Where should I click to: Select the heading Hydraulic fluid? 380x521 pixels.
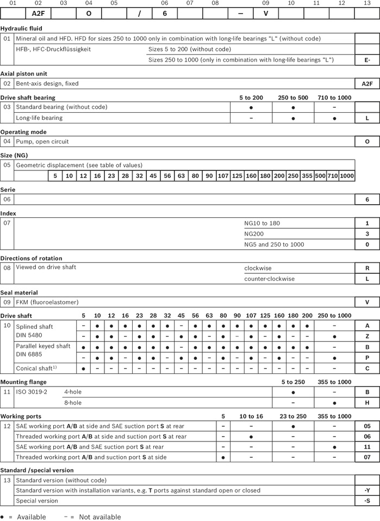coord(21,28)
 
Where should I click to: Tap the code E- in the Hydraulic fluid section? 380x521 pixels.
coord(367,59)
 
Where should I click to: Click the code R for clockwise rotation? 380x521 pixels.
coord(367,268)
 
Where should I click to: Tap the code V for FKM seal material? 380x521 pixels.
coord(367,302)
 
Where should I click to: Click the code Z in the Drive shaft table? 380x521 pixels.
coord(367,336)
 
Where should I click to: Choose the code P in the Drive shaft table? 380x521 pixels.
coord(367,358)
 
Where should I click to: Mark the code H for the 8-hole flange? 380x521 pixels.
coord(367,402)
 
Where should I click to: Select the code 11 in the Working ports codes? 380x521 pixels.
coord(367,446)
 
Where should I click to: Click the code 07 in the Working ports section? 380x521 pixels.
coord(367,457)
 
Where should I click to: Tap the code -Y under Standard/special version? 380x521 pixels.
coord(367,491)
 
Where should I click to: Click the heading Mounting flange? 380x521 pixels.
coord(23,382)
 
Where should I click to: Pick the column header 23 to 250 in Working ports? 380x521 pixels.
coord(294,416)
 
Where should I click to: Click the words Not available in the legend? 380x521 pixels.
coord(100,517)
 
